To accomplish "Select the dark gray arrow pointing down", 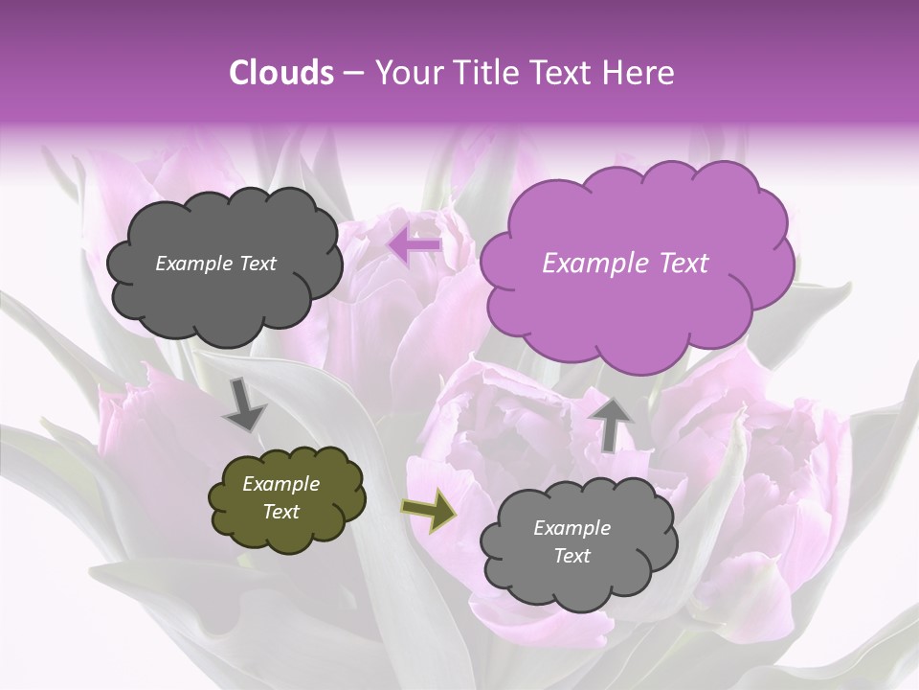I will coord(244,406).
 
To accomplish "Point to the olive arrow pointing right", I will coord(428,510).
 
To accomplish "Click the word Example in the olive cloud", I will coord(280,484).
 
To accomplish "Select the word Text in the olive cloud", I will coord(280,512).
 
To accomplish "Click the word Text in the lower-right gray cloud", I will coord(572,556).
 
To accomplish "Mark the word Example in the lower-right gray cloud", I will coord(572,528).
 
